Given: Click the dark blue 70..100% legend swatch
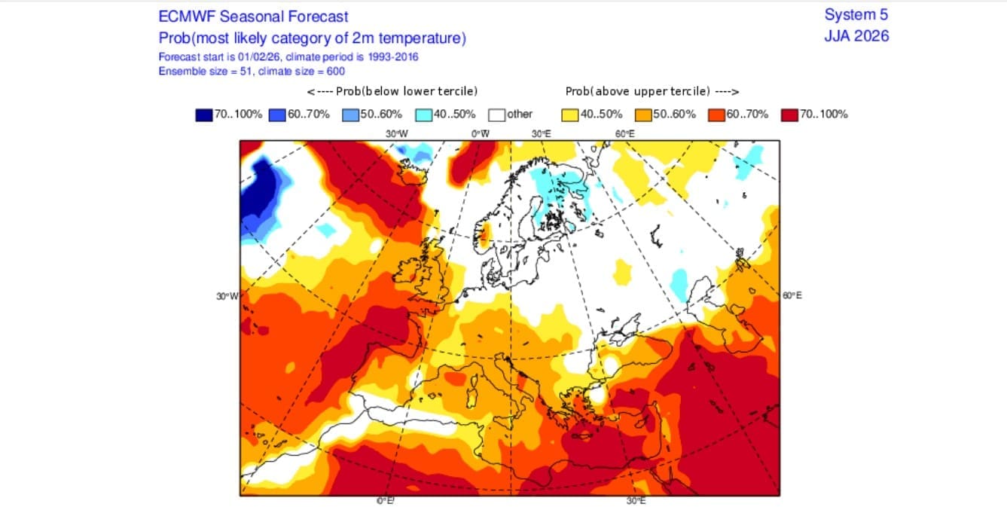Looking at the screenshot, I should pos(203,115).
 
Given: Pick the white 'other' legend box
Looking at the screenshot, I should pos(496,115).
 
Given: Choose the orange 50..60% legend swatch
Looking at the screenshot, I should pos(644,115).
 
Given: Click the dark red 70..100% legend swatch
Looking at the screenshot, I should pos(790,115).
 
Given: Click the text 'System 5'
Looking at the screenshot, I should pos(856,15).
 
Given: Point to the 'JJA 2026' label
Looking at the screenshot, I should pos(856,35).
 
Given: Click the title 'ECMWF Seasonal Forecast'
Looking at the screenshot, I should pos(253,17).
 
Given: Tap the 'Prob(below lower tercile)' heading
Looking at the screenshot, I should pos(392,91).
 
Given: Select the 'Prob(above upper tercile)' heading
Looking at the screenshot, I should pos(651,91).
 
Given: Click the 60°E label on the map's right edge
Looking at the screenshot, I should pos(792,295).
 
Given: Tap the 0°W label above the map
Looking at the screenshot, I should pos(481,133).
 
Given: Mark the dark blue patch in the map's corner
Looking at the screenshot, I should pos(256,188).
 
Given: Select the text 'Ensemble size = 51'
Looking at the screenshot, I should pos(202,71).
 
